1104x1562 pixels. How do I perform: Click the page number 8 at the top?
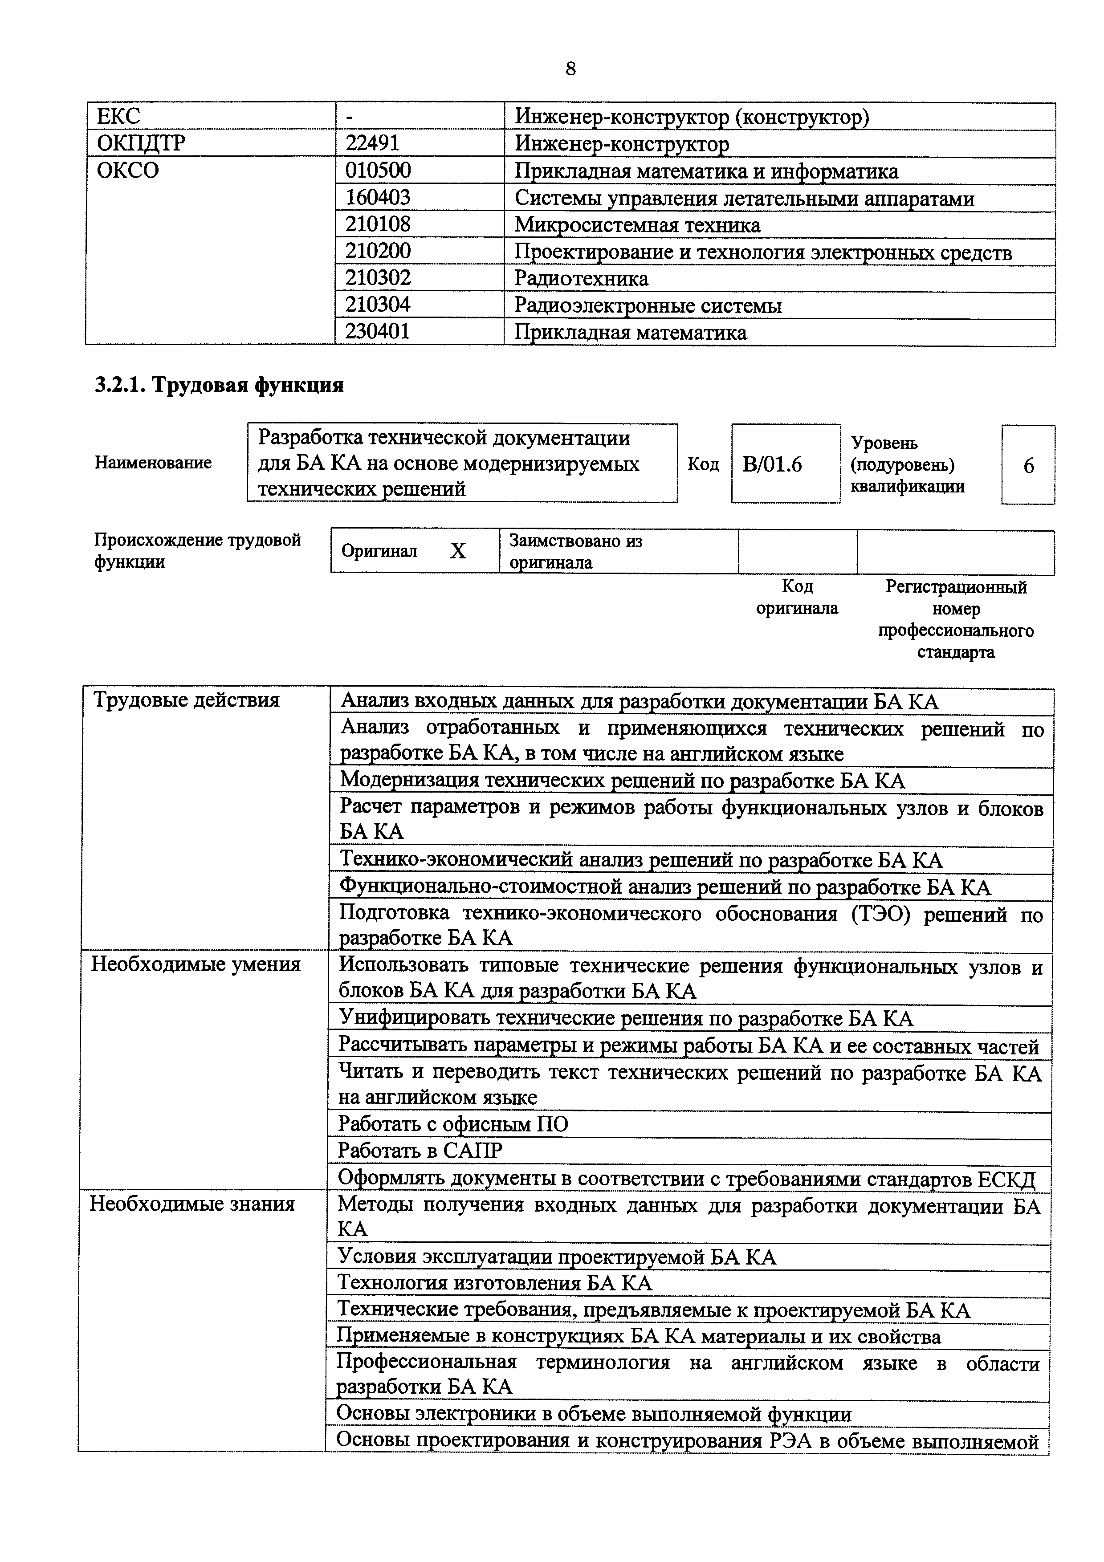tap(570, 69)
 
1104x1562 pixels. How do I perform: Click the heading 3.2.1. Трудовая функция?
tap(219, 385)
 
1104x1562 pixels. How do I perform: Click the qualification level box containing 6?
tap(1028, 465)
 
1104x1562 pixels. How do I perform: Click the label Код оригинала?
tap(797, 597)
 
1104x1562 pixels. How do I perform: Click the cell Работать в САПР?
tap(420, 1151)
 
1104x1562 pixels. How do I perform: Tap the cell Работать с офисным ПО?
tap(453, 1124)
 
